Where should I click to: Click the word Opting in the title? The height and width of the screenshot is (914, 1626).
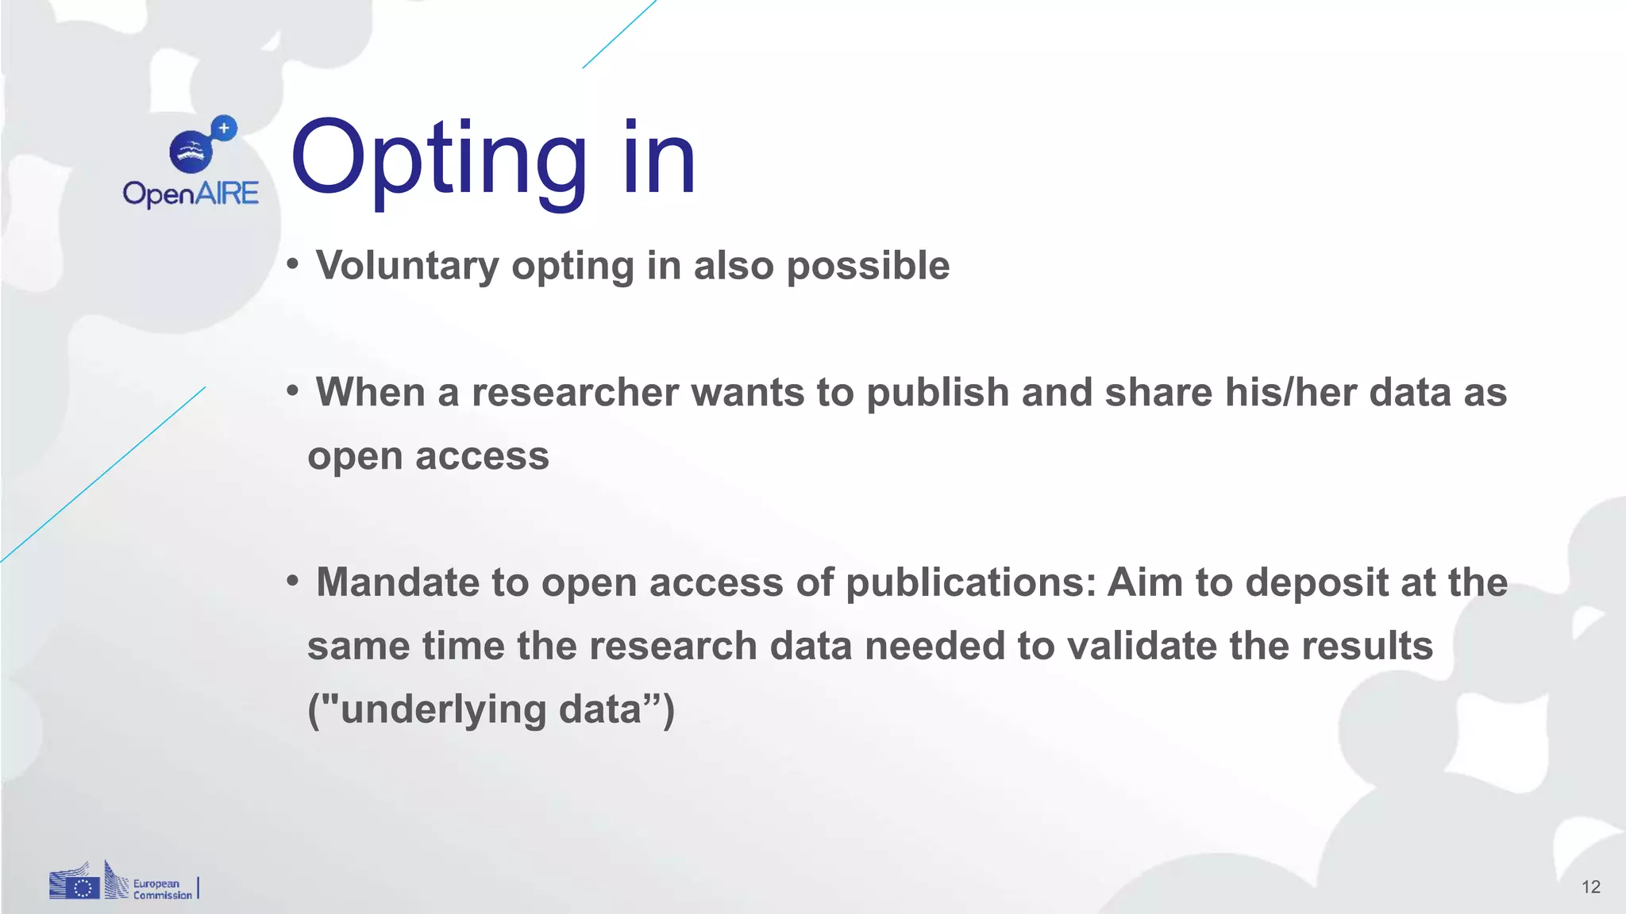point(439,159)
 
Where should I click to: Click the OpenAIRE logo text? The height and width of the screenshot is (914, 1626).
point(191,194)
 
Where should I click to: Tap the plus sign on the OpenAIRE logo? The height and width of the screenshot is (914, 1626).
point(224,127)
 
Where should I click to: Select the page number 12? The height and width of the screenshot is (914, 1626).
point(1590,887)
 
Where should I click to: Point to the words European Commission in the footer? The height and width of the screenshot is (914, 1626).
point(162,889)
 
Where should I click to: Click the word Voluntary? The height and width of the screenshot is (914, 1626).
point(407,266)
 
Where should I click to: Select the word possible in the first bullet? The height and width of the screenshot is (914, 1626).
point(868,266)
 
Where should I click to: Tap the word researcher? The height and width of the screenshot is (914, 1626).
point(576,393)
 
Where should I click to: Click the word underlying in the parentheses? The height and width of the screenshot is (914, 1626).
point(442,709)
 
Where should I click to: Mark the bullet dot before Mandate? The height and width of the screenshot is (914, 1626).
point(293,582)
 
